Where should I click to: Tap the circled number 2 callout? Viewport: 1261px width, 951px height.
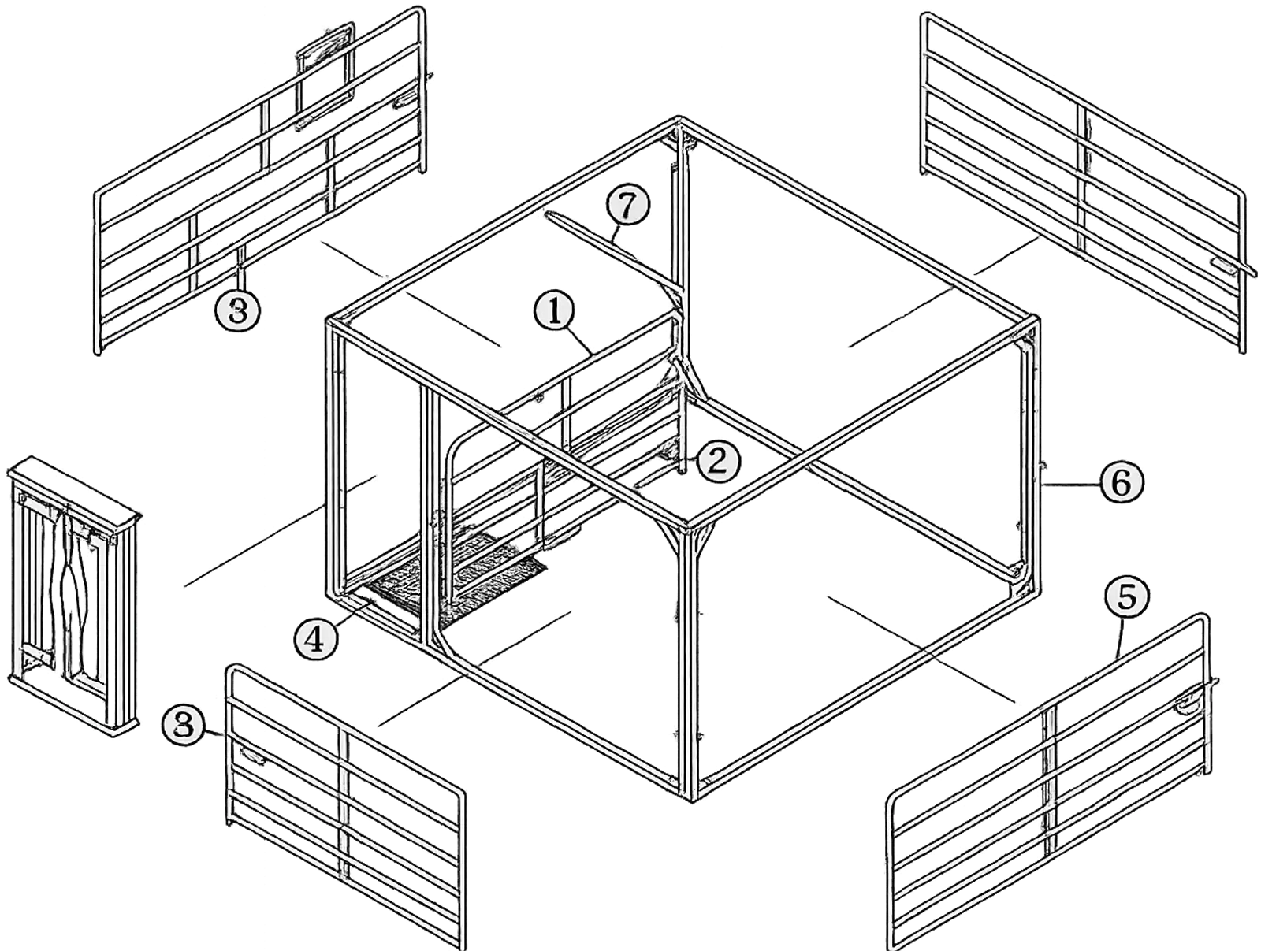point(719,461)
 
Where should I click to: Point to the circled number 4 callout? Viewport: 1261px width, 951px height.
point(318,638)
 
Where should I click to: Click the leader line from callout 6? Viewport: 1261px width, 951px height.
point(1069,485)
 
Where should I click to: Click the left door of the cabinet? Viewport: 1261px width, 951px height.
point(41,580)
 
